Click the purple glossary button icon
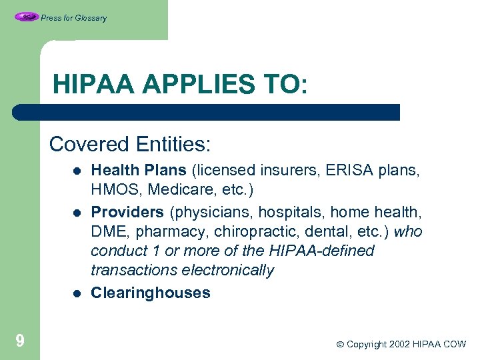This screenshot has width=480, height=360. [26, 17]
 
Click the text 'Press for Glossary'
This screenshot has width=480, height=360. [73, 18]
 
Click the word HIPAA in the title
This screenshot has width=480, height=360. [93, 85]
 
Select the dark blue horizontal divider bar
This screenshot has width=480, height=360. [207, 112]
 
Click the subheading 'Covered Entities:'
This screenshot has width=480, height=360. [130, 144]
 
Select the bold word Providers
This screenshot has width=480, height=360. [127, 212]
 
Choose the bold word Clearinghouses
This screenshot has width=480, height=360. [150, 293]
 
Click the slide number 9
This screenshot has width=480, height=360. [20, 342]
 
